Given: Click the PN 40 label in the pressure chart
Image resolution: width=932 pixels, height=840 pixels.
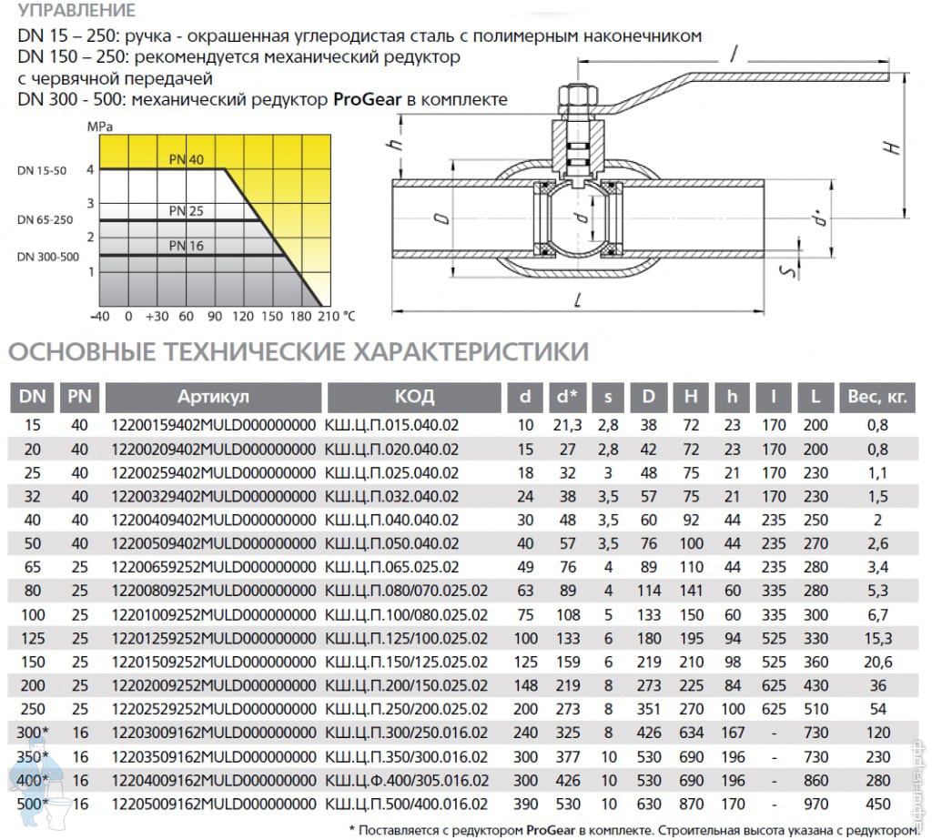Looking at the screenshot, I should (186, 159).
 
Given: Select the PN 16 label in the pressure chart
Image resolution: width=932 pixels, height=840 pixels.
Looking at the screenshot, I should (186, 246).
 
